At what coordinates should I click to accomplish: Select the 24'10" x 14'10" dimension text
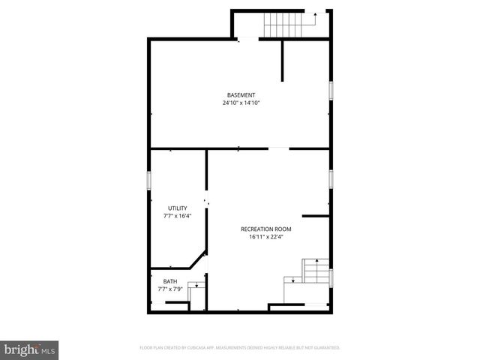click(241, 103)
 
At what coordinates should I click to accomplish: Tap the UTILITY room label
click(178, 208)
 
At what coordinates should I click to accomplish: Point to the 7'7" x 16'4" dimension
click(178, 216)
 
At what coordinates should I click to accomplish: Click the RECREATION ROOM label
click(265, 229)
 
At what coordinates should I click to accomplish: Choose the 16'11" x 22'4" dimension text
click(265, 237)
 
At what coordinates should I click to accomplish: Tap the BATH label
click(170, 281)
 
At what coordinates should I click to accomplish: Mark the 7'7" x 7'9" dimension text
click(170, 289)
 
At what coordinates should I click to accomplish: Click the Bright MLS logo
click(29, 349)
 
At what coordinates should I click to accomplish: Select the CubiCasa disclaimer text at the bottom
click(240, 348)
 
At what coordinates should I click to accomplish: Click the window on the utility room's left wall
click(149, 181)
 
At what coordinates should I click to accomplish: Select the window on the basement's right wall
click(330, 90)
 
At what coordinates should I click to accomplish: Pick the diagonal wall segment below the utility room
click(198, 260)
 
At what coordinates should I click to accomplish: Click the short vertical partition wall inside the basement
click(283, 60)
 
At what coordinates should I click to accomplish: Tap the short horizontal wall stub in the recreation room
click(316, 216)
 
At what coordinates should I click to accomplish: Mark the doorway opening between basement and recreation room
click(278, 148)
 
